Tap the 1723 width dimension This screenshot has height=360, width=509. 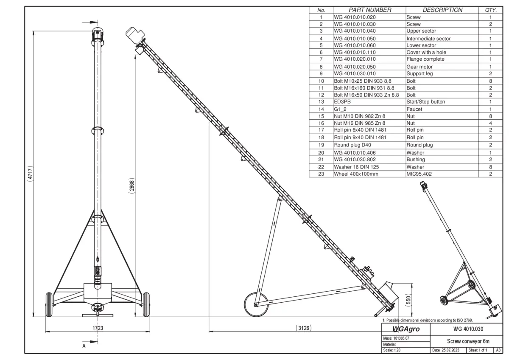[x=98, y=328]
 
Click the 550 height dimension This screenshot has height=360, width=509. [x=408, y=300]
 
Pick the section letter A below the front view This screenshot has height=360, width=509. [x=84, y=346]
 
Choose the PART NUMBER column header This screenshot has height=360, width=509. [x=369, y=10]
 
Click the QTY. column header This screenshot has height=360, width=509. [x=490, y=10]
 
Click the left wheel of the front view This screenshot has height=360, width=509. [x=49, y=304]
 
